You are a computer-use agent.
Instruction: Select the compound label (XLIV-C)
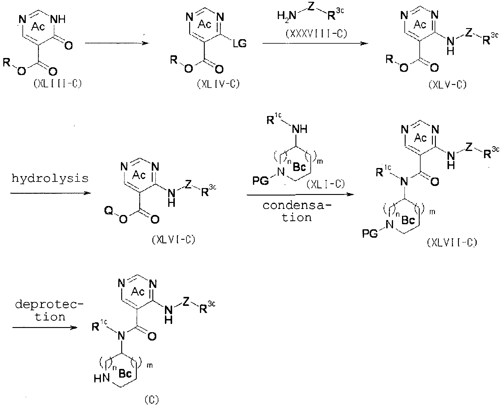coord(218,85)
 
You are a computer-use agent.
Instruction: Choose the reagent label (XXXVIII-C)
coord(316,34)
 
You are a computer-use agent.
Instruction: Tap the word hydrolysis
coord(50,178)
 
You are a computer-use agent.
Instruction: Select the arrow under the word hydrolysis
coord(50,193)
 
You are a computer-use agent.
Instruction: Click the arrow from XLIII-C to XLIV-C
coord(117,44)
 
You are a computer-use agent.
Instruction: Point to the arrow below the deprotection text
coord(44,328)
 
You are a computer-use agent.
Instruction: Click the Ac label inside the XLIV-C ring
coord(205,25)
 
